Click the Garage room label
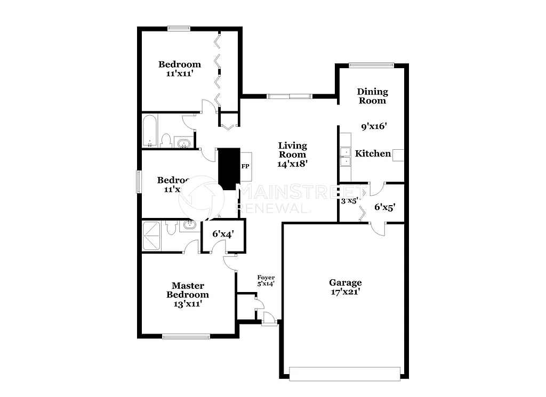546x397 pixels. [345, 282]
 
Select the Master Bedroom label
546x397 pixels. [188, 290]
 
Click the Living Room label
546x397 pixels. [293, 150]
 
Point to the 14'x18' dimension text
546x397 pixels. [293, 164]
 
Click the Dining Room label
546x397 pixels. [372, 96]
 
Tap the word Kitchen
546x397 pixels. [373, 153]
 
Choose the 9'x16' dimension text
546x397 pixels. [373, 127]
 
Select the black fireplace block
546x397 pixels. [229, 168]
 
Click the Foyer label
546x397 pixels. [266, 278]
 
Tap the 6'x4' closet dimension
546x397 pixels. [223, 233]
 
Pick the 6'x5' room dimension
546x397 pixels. [384, 208]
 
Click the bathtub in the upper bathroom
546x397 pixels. [150, 131]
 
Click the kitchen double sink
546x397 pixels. [345, 156]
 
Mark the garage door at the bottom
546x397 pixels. [344, 374]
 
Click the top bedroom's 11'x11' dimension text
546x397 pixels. [179, 74]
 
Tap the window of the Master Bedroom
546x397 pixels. [186, 336]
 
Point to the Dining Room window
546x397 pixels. [371, 65]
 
